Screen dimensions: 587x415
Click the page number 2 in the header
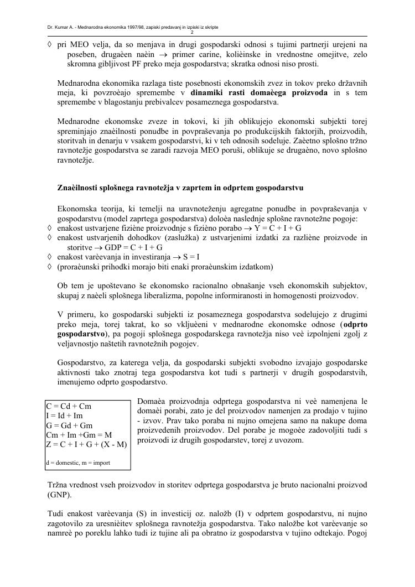pos(206,32)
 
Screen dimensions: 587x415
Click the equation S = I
pos(190,257)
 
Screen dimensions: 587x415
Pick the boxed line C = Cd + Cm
pos(69,406)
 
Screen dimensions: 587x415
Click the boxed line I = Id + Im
pos(65,415)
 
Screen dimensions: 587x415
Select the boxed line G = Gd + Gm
pos(69,425)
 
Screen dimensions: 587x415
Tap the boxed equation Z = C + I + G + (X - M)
pos(86,445)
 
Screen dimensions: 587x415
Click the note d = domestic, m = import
pos(78,462)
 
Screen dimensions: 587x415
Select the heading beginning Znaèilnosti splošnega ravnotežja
pos(180,188)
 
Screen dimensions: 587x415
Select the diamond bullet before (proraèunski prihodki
pos(50,267)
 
